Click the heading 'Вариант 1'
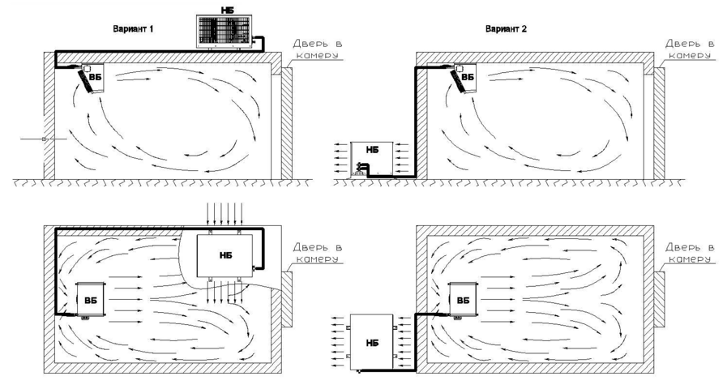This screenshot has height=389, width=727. pos(133,28)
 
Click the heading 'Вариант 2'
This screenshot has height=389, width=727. pos(506,28)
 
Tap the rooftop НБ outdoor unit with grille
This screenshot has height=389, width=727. pos(225,32)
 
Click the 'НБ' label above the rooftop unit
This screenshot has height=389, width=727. pos(225,10)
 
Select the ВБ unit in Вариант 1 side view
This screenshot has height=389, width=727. pos(92,79)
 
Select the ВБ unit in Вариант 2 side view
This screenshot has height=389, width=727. pos(464,79)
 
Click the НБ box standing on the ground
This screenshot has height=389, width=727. pos(372,159)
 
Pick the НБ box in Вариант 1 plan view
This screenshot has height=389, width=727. pos(225,255)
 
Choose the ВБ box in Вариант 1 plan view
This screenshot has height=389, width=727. pos(92,301)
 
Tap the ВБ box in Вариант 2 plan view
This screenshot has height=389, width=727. pos(463,301)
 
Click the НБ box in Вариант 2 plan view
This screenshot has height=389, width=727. pos(372,343)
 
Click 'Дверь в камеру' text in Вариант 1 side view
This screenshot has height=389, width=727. pos(318,49)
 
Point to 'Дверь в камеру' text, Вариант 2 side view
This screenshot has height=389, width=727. pos(690,49)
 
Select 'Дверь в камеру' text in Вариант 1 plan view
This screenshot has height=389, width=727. pos(318,253)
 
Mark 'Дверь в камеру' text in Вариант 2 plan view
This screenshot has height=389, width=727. pos(690,253)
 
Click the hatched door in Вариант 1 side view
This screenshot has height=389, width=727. pos(287,123)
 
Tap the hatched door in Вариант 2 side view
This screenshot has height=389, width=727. pos(659,123)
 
